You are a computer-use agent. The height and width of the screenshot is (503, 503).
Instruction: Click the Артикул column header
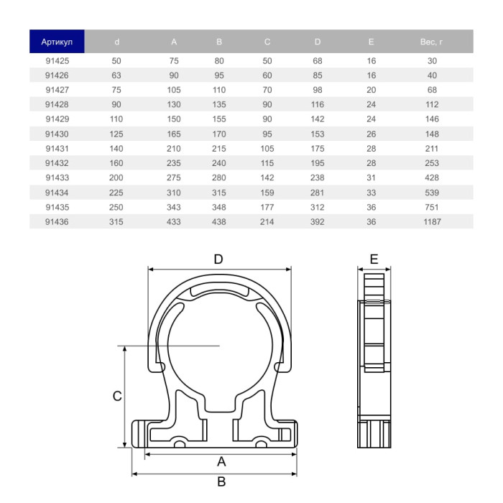(57, 42)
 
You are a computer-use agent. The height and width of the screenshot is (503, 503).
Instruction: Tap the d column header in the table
(116, 42)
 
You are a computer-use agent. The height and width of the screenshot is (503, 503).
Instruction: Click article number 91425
(57, 61)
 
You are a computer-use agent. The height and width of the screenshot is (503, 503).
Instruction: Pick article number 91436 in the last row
(57, 222)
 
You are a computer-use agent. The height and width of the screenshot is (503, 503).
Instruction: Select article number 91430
(57, 134)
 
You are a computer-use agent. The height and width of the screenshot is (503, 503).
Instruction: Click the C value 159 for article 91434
(267, 193)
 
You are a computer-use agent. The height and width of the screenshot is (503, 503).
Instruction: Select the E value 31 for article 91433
(372, 178)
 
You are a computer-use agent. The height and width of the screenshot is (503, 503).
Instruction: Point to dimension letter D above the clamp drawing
(219, 259)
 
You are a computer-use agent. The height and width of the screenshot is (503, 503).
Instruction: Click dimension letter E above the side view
(374, 259)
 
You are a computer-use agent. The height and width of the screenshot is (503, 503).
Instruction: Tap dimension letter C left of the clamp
(117, 396)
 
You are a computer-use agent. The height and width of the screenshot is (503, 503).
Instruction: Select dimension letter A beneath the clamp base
(221, 461)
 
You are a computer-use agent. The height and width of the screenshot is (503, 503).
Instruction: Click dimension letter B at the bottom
(221, 481)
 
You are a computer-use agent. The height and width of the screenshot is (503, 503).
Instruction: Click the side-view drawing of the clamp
(374, 359)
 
